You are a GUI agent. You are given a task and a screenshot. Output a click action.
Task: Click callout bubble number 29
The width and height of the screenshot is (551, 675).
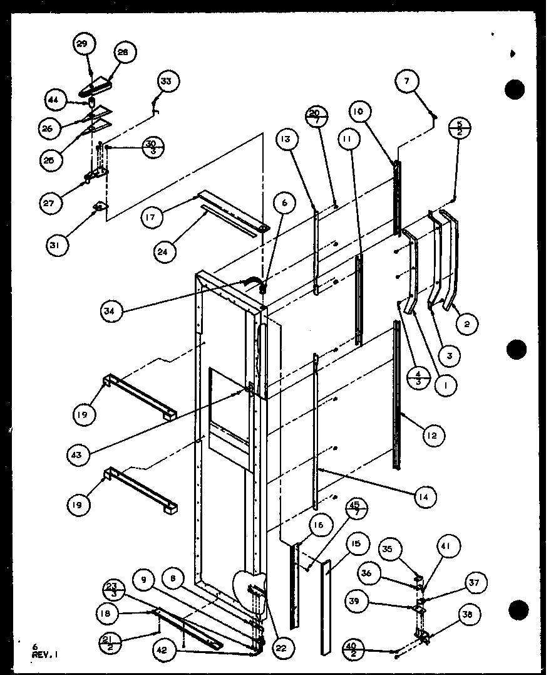coord(83,44)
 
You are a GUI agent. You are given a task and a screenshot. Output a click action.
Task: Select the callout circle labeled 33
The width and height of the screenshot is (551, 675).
coord(167,81)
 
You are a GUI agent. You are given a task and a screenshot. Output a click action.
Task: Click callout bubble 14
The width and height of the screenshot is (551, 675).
coord(424,497)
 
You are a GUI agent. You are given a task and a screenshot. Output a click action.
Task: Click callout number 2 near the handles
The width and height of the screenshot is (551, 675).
coord(467,324)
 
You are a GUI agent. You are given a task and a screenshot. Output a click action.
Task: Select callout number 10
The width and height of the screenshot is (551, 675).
coord(361,111)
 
